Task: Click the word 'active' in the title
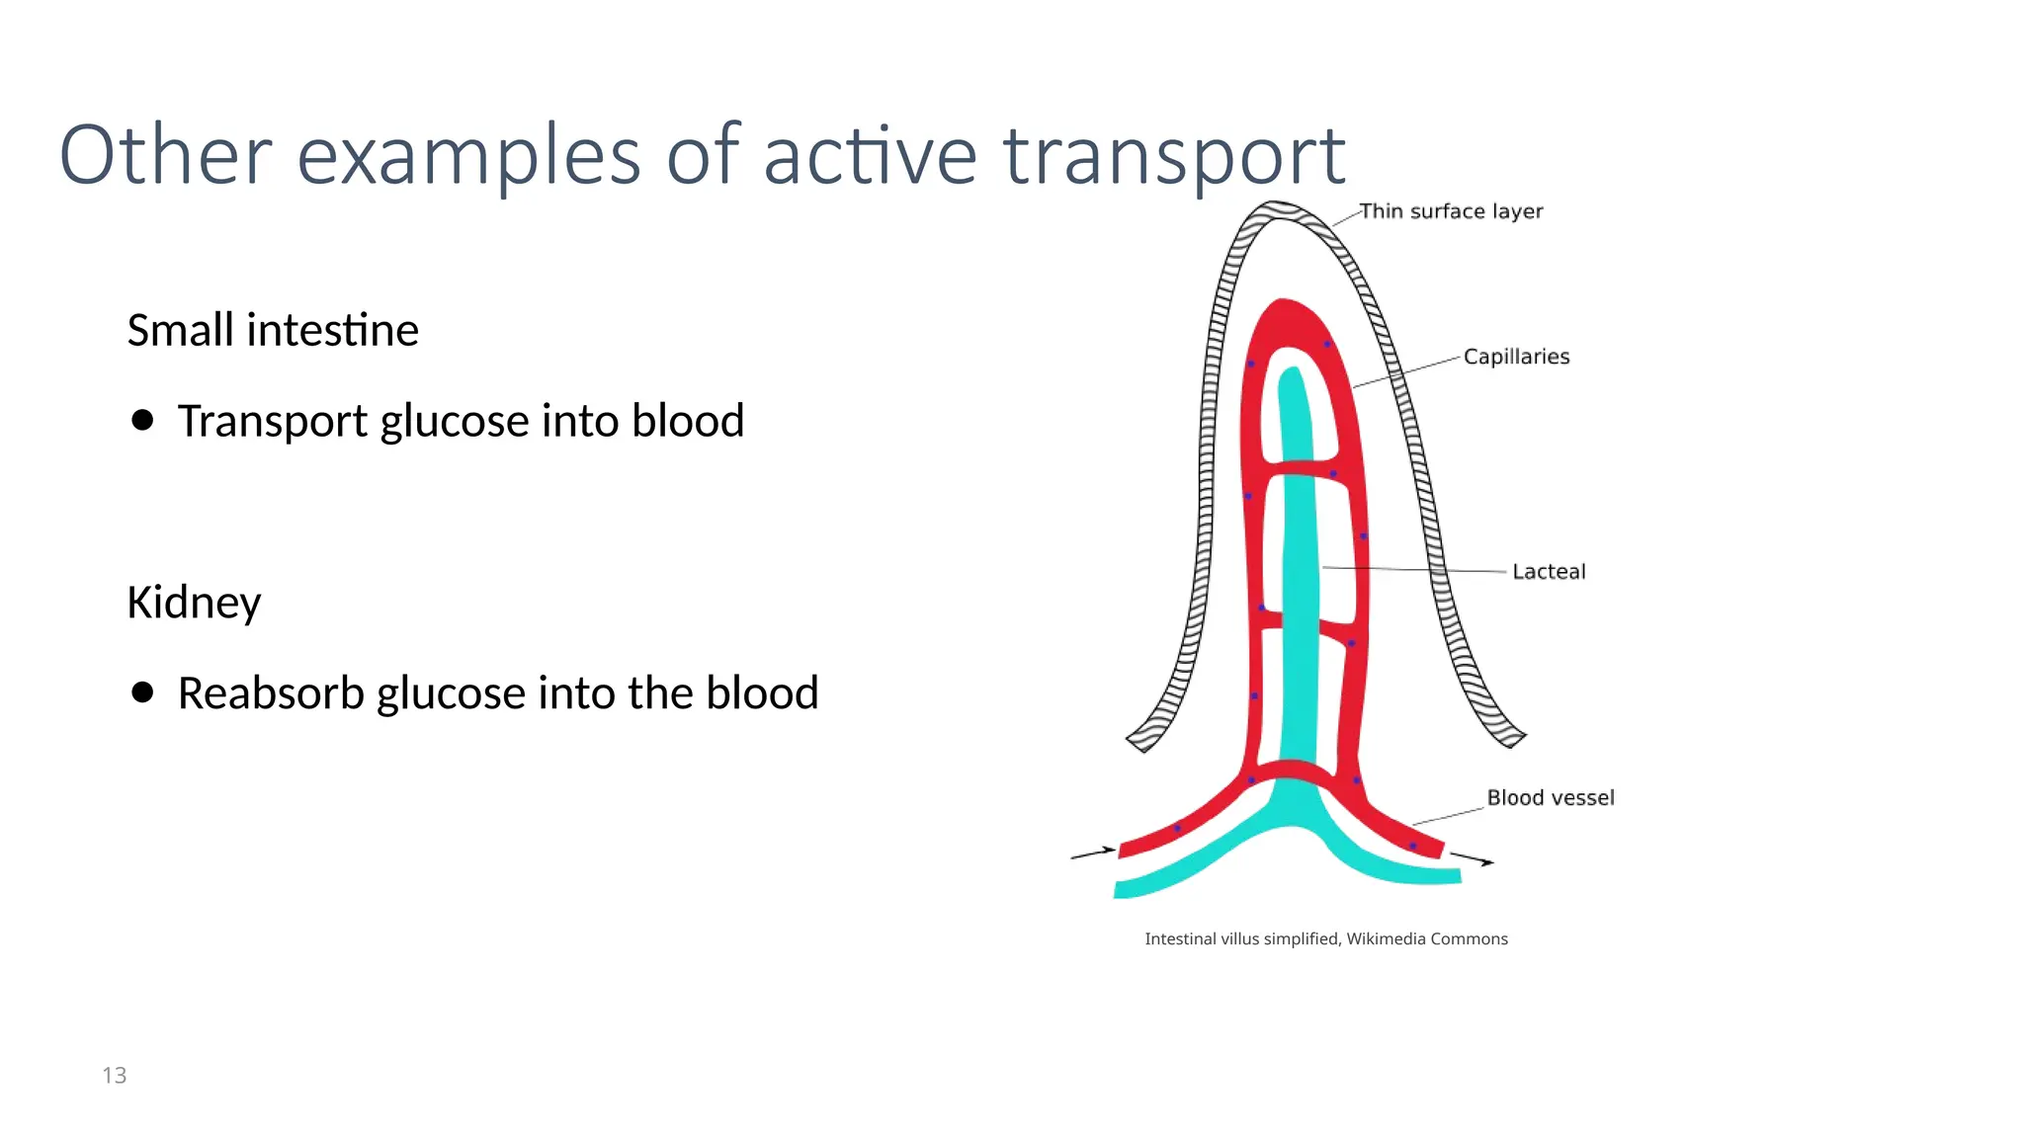870,156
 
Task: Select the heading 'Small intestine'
273,330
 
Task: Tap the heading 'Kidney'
194,603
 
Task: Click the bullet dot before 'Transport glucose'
142,421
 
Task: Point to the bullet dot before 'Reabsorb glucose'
142,692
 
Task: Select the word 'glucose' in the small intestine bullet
455,422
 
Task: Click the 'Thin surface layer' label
1450,211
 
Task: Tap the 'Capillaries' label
1516,357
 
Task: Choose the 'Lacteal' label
1549,572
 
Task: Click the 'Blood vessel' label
1550,798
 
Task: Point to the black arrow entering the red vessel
1093,853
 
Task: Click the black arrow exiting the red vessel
1473,858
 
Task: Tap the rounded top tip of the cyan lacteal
1291,376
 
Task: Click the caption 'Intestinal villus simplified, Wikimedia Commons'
1325,939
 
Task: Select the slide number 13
115,1076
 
